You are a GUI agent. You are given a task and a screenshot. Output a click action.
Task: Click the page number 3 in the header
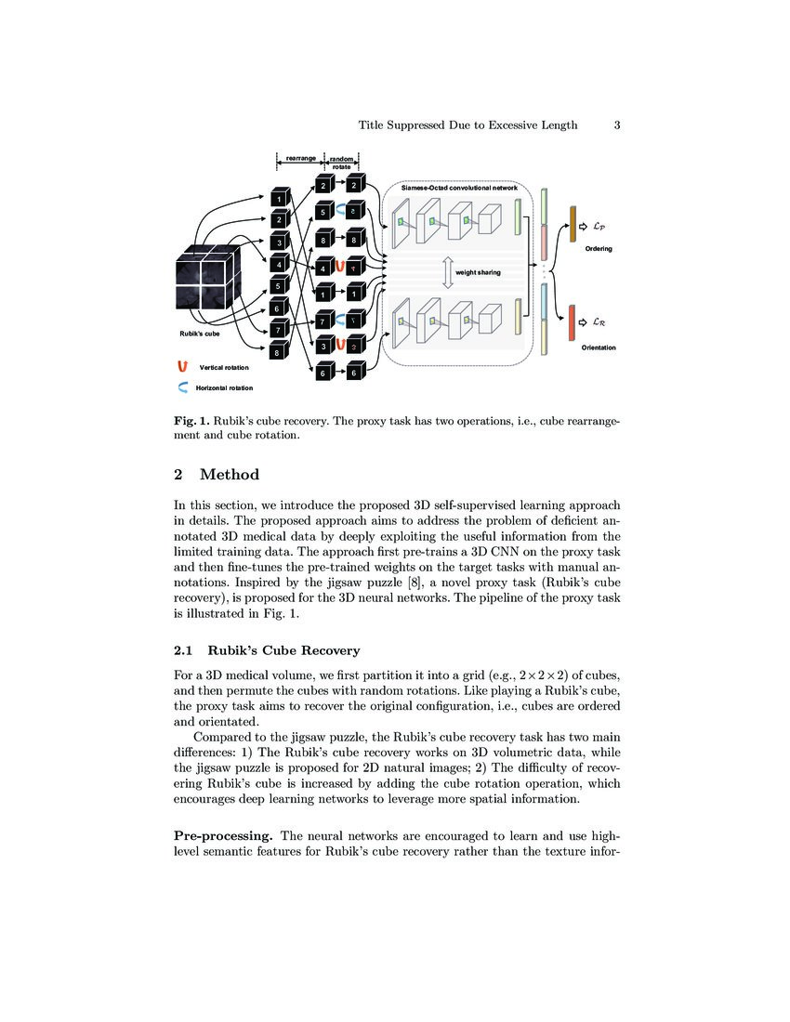click(x=617, y=125)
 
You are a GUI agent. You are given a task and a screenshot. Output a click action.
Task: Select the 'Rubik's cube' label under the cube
click(x=200, y=333)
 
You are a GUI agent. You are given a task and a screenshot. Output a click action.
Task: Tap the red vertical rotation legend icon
click(x=183, y=368)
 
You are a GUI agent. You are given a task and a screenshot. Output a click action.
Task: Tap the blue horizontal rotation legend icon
click(x=183, y=387)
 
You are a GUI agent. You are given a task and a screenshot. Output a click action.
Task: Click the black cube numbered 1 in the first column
click(x=278, y=198)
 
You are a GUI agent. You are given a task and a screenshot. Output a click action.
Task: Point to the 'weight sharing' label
click(x=478, y=272)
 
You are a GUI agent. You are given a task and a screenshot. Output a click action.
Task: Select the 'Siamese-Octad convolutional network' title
click(x=459, y=187)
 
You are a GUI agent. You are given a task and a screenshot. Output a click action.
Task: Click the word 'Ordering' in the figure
click(x=599, y=249)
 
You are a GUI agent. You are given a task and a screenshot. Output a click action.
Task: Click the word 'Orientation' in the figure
click(x=599, y=347)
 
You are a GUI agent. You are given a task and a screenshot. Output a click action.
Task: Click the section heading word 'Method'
click(x=230, y=475)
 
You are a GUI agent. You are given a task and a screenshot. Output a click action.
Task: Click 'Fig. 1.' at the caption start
click(x=193, y=421)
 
